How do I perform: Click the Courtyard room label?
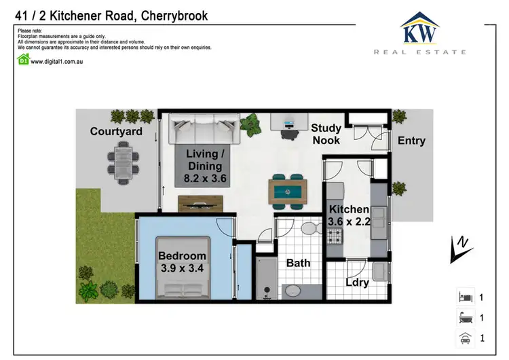(116, 131)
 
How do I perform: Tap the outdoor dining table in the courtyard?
(124, 163)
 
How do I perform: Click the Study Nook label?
(326, 134)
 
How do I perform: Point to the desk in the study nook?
(289, 122)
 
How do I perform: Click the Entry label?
(411, 141)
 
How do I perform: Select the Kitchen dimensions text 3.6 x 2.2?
(349, 221)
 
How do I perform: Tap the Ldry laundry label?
(356, 282)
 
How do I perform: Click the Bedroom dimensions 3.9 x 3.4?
(182, 268)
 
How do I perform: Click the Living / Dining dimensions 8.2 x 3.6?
(204, 179)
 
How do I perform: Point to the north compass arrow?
(460, 250)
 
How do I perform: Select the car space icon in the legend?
(464, 338)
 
